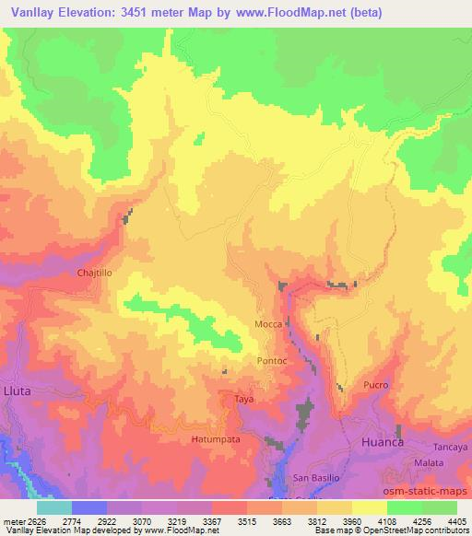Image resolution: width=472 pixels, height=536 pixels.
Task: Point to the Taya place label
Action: click(243, 399)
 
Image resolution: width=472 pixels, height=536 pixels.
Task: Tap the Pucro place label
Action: click(376, 384)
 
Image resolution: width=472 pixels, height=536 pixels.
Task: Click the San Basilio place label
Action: click(316, 480)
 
